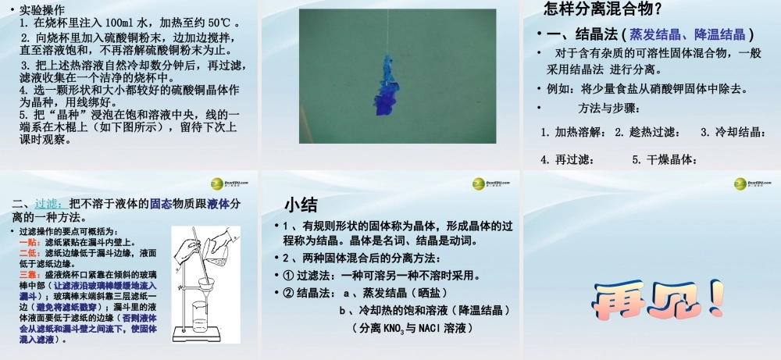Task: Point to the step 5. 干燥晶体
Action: (x=663, y=159)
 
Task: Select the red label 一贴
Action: (x=30, y=243)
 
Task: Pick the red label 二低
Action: (x=30, y=253)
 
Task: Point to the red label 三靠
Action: (x=30, y=276)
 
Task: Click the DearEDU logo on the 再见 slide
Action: (x=749, y=184)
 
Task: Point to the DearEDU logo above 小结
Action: (x=488, y=184)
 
